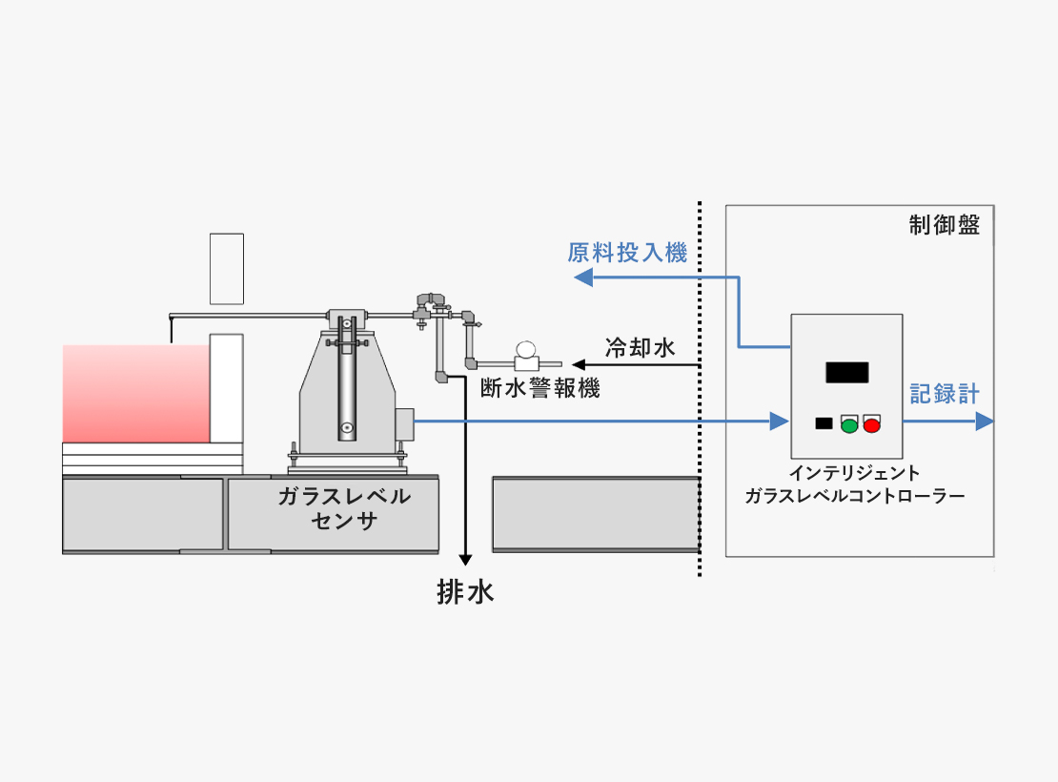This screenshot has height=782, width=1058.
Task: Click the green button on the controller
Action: (x=849, y=425)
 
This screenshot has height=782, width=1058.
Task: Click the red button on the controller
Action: (x=872, y=425)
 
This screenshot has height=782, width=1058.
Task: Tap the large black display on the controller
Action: (x=846, y=372)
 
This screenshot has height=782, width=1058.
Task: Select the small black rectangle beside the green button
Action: (x=824, y=423)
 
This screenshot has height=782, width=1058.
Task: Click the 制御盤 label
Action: (x=944, y=225)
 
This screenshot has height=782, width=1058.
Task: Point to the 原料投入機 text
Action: (x=627, y=253)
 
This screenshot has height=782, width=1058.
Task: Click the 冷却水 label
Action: (x=641, y=348)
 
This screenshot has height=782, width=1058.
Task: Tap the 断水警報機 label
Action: (x=539, y=388)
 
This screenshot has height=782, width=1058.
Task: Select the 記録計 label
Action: (x=945, y=394)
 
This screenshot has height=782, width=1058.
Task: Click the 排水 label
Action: (x=465, y=592)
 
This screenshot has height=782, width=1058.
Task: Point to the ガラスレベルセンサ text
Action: (x=344, y=508)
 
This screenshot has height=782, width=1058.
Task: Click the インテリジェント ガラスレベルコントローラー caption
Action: (x=855, y=484)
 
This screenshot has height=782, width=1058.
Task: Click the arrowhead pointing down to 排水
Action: (x=465, y=560)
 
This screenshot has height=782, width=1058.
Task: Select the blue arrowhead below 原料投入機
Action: (x=583, y=277)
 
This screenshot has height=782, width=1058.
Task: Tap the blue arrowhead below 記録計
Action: (x=985, y=422)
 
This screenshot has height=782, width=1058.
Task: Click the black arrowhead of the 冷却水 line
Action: (x=579, y=365)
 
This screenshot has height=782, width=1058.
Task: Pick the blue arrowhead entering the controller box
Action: (x=780, y=422)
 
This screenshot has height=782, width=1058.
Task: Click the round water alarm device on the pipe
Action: (x=525, y=350)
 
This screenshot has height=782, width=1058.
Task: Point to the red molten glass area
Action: (x=136, y=394)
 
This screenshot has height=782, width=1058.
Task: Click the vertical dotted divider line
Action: (x=700, y=389)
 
